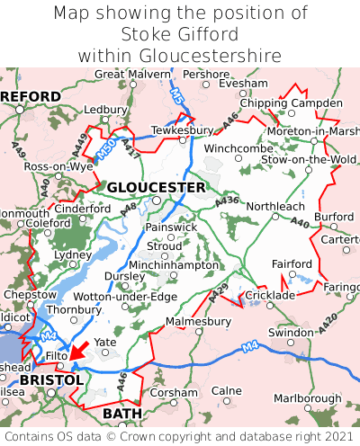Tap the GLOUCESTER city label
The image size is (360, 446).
point(156,187)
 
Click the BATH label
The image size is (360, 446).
point(122,413)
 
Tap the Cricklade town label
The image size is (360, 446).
point(271,295)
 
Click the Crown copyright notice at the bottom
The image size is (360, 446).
point(180,436)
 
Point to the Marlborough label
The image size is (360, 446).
point(307,397)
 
